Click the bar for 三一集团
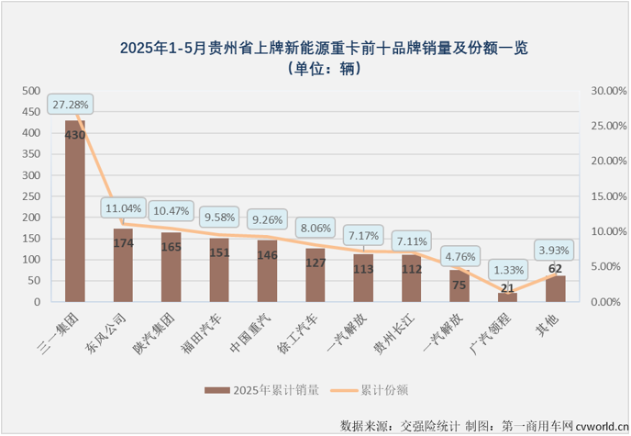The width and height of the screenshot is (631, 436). coord(74,211)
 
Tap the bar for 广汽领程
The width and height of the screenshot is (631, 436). coord(507,296)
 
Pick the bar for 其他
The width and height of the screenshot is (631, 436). coord(555,288)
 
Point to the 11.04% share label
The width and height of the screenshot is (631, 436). coord(125,208)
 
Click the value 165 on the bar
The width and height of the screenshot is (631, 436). coord(171,248)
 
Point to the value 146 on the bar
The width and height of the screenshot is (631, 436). coord(267,256)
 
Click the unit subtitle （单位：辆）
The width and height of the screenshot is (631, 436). coord(315,66)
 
